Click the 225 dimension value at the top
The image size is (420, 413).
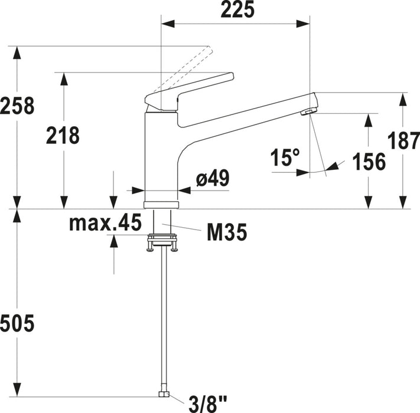click(237, 9)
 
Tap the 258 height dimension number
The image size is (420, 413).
click(17, 106)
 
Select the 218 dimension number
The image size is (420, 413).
click(63, 136)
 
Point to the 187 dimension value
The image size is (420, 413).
click(403, 140)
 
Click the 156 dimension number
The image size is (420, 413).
click(369, 162)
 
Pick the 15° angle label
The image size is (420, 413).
click(285, 158)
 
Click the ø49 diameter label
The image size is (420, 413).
click(213, 178)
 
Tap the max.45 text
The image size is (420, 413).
click(105, 222)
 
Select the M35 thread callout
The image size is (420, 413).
click(227, 232)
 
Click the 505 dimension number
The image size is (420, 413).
click(17, 323)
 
